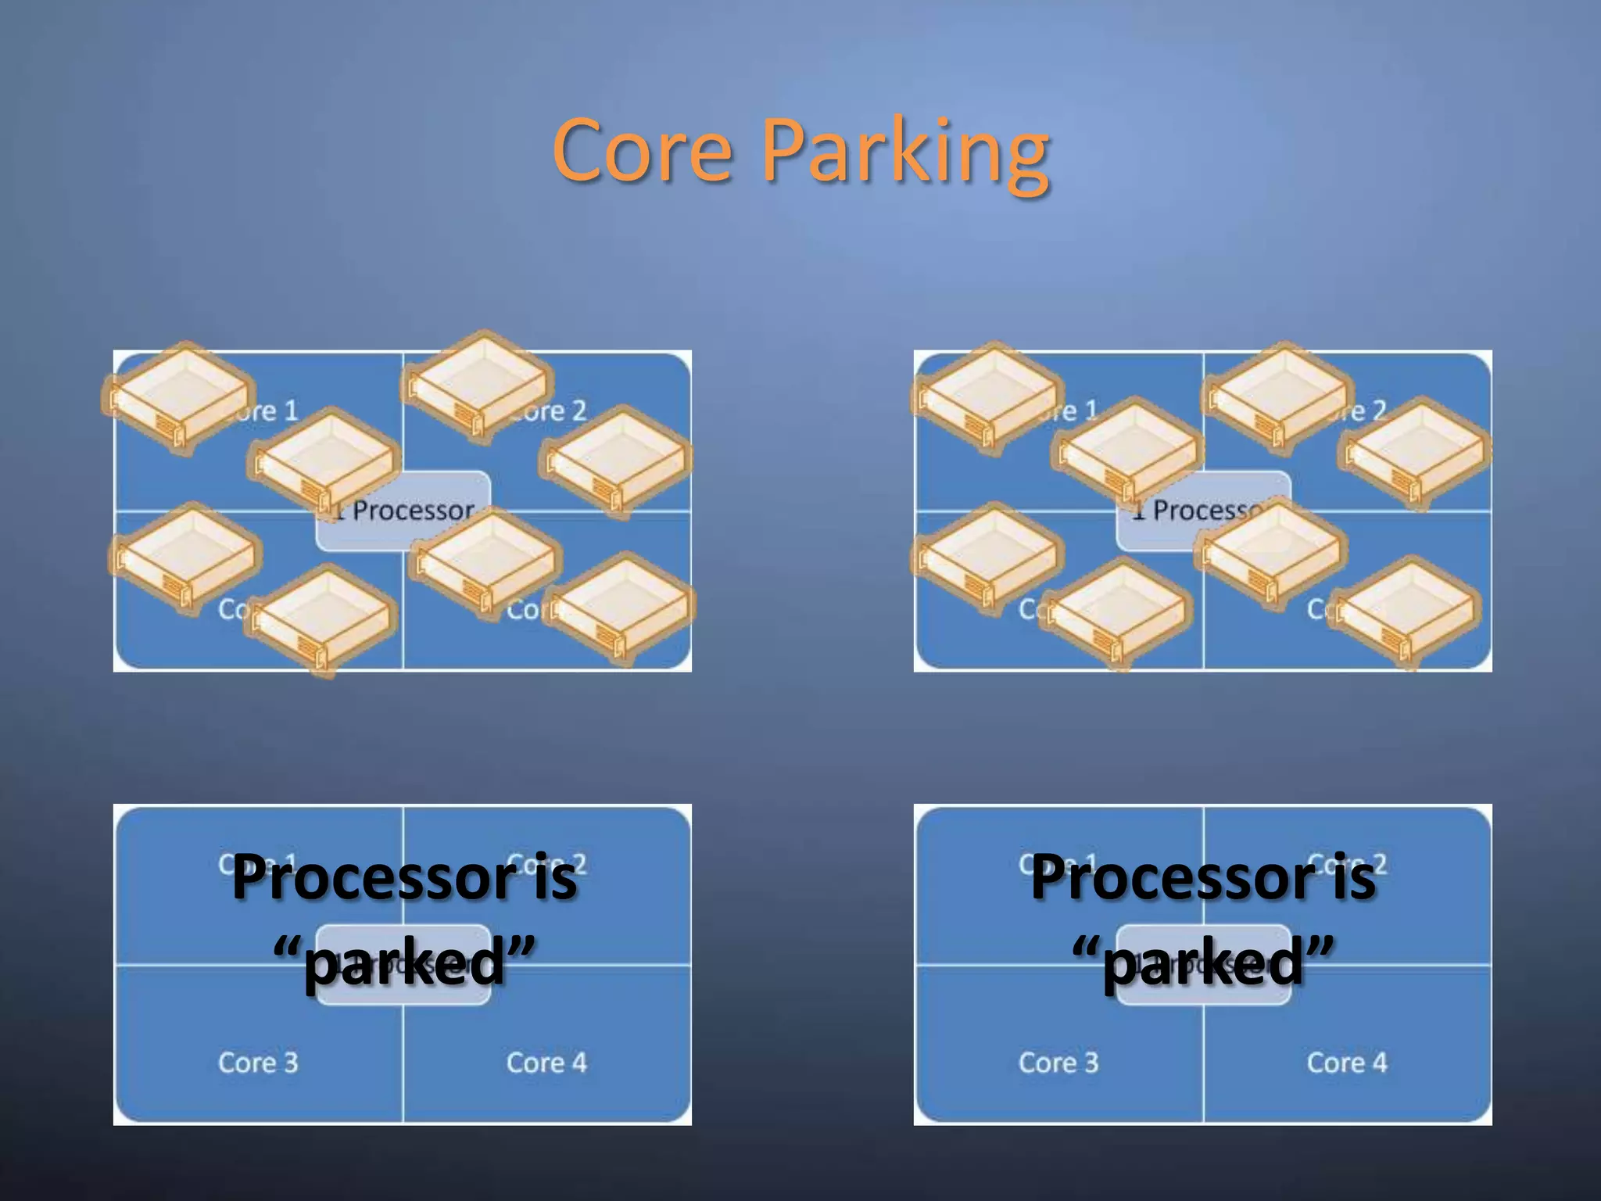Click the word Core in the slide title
pyautogui.click(x=643, y=150)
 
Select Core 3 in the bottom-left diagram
pyautogui.click(x=258, y=1063)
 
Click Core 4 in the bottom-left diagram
pyautogui.click(x=546, y=1063)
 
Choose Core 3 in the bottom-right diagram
pyautogui.click(x=1058, y=1063)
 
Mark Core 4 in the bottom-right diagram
pyautogui.click(x=1347, y=1063)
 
